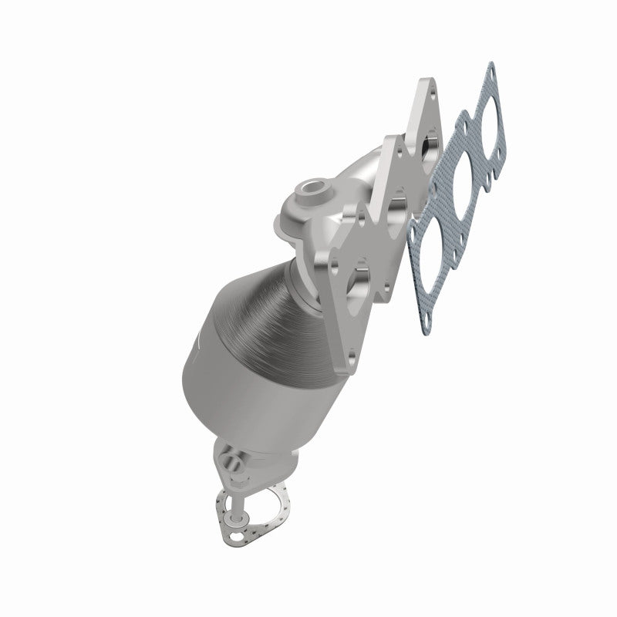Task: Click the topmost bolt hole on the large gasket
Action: (x=491, y=71)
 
